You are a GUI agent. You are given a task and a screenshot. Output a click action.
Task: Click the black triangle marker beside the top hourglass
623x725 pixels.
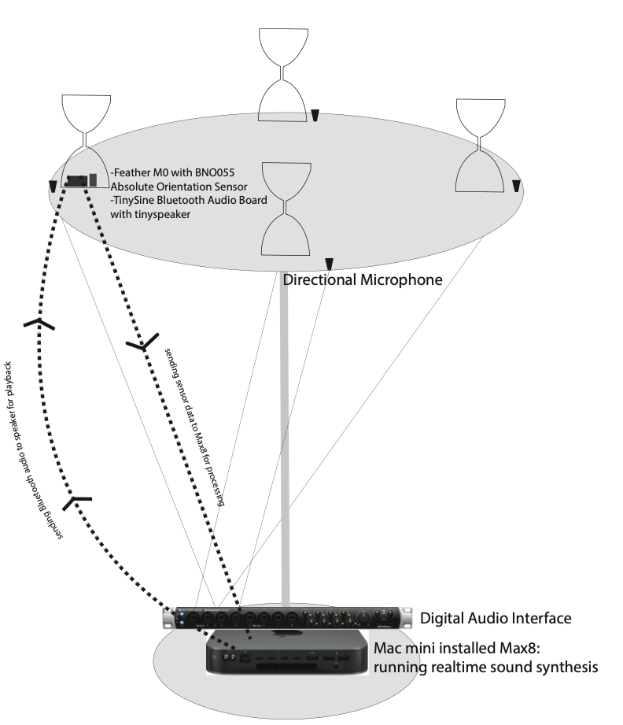point(315,116)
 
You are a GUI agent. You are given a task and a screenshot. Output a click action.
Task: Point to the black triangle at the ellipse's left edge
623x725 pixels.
point(53,186)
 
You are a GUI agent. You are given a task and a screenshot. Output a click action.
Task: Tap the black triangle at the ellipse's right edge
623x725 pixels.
point(516,186)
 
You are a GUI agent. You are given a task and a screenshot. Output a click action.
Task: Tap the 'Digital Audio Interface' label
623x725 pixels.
point(496,618)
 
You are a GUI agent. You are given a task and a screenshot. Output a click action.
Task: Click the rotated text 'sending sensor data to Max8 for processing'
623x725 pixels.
point(194,425)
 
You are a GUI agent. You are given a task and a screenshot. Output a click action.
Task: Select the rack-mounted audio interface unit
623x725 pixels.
point(287,617)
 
